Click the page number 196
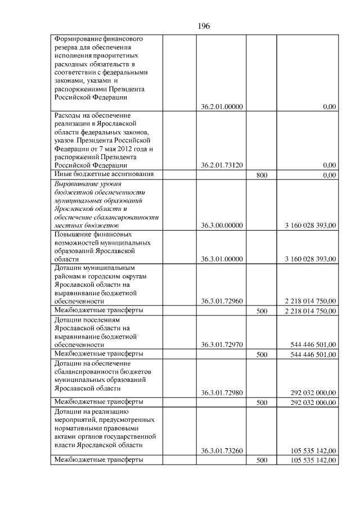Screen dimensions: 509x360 204,26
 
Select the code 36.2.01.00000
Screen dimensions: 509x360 222,107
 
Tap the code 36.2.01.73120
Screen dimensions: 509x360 222,165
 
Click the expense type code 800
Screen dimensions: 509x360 262,175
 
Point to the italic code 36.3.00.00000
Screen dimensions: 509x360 222,226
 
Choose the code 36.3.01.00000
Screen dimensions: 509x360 222,259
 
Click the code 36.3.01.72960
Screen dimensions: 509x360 222,301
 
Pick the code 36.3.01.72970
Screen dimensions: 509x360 222,344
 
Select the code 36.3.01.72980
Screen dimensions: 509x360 222,393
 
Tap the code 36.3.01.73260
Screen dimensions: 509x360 222,451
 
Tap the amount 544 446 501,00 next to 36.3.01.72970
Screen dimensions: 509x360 313,344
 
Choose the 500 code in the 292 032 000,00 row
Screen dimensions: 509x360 262,403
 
